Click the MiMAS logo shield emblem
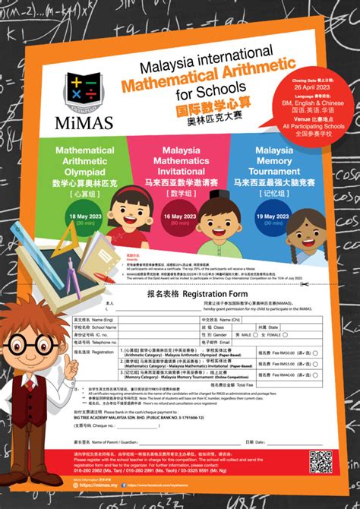pyautogui.click(x=81, y=91)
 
